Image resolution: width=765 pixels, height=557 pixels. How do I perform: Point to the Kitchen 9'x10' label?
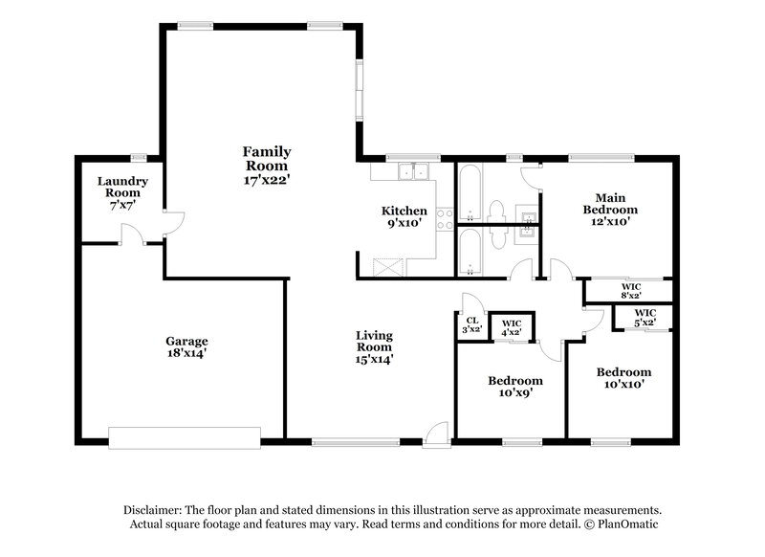(404, 216)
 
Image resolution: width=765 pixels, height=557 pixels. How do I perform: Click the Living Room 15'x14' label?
(375, 347)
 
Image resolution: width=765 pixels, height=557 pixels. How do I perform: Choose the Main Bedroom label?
(611, 208)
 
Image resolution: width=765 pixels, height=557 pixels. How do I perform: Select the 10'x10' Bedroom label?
(623, 378)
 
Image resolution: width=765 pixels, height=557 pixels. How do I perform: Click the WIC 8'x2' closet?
(628, 291)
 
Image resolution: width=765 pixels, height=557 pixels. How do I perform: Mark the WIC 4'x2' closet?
(512, 326)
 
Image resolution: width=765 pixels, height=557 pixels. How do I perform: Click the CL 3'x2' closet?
(471, 326)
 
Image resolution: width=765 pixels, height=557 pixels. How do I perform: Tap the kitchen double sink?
(416, 172)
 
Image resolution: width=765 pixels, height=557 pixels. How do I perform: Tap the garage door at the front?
(185, 438)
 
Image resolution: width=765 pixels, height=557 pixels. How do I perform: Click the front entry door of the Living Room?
(436, 434)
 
